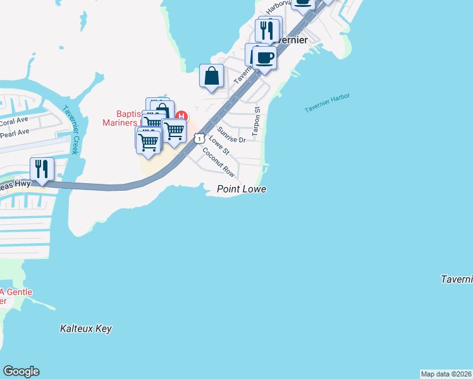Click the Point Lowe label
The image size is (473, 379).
click(x=242, y=189)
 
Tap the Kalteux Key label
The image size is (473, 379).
click(x=85, y=329)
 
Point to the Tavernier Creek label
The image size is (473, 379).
click(x=70, y=129)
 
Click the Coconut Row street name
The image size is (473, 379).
click(x=219, y=162)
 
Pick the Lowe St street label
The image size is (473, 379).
click(x=218, y=146)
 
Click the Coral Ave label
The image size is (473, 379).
click(x=15, y=121)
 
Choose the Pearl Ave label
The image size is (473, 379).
click(x=15, y=133)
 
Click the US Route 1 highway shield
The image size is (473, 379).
click(x=199, y=138)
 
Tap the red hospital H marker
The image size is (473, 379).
click(x=182, y=116)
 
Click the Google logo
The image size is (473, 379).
click(x=21, y=371)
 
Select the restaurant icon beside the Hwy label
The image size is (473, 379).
click(x=42, y=169)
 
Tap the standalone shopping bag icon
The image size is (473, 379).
click(x=212, y=76)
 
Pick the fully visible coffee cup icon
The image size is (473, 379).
click(x=264, y=57)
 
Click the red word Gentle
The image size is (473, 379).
click(x=18, y=292)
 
